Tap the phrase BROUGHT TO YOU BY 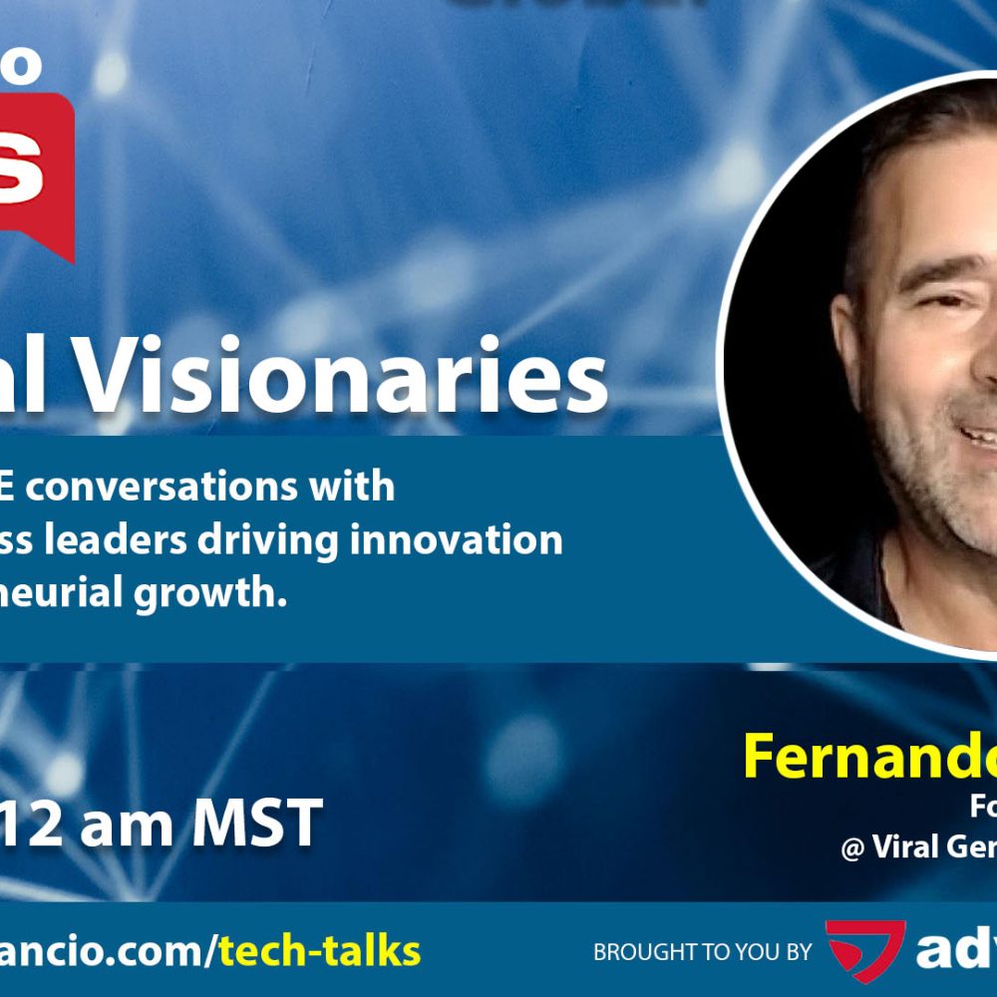[x=703, y=952]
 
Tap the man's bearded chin [x=957, y=528]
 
